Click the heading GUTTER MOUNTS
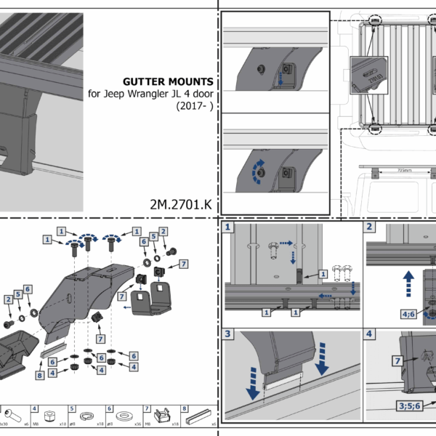pyautogui.click(x=169, y=82)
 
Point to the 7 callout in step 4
pyautogui.click(x=397, y=360)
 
